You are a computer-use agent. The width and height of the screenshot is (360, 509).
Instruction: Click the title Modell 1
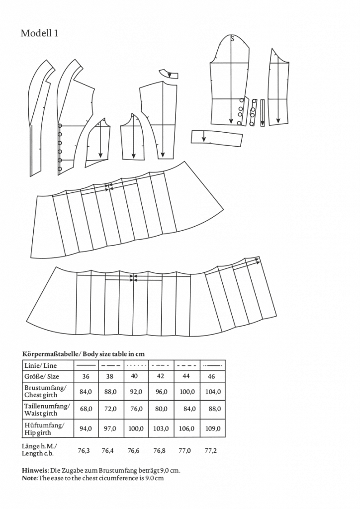[x=39, y=33]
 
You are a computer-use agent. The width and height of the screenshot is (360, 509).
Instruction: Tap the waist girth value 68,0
[x=86, y=410]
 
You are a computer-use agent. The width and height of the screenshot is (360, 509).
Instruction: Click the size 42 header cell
[x=160, y=377]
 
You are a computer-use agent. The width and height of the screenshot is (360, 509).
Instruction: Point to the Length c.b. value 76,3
[x=85, y=451]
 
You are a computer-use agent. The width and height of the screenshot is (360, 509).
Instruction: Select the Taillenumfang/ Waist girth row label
[x=47, y=410]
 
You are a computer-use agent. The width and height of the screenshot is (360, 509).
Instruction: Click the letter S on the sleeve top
[x=232, y=38]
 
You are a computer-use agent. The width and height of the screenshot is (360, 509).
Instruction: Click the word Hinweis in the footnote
[x=35, y=470]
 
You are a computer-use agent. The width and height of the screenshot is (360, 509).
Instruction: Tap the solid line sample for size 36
[x=86, y=365]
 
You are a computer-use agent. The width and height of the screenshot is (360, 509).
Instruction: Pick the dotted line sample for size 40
[x=135, y=365]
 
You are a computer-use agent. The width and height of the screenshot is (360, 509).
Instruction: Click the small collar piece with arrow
[x=169, y=74]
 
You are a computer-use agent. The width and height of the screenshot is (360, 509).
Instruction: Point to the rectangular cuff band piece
[x=217, y=138]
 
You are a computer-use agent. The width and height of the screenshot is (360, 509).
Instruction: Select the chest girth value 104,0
[x=213, y=392]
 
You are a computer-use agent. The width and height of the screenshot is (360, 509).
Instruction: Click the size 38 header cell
[x=110, y=377]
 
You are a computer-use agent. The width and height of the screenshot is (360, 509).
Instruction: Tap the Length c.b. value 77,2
[x=210, y=451]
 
